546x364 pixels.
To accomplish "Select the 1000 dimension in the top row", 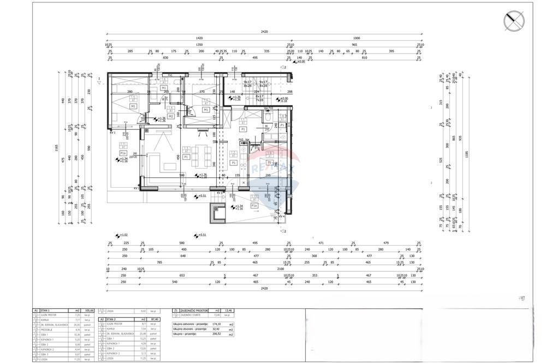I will (x=357, y=39).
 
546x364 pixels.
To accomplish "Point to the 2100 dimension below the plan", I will (x=280, y=269).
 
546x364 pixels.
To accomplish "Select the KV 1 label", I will (x=112, y=132).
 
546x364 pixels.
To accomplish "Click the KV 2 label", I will (x=136, y=188).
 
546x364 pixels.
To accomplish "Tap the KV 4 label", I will (x=282, y=217).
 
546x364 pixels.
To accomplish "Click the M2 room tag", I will (x=171, y=116).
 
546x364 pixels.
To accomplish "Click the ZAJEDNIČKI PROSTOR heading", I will (x=194, y=309).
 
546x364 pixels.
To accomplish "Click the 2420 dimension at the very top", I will (x=264, y=32).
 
